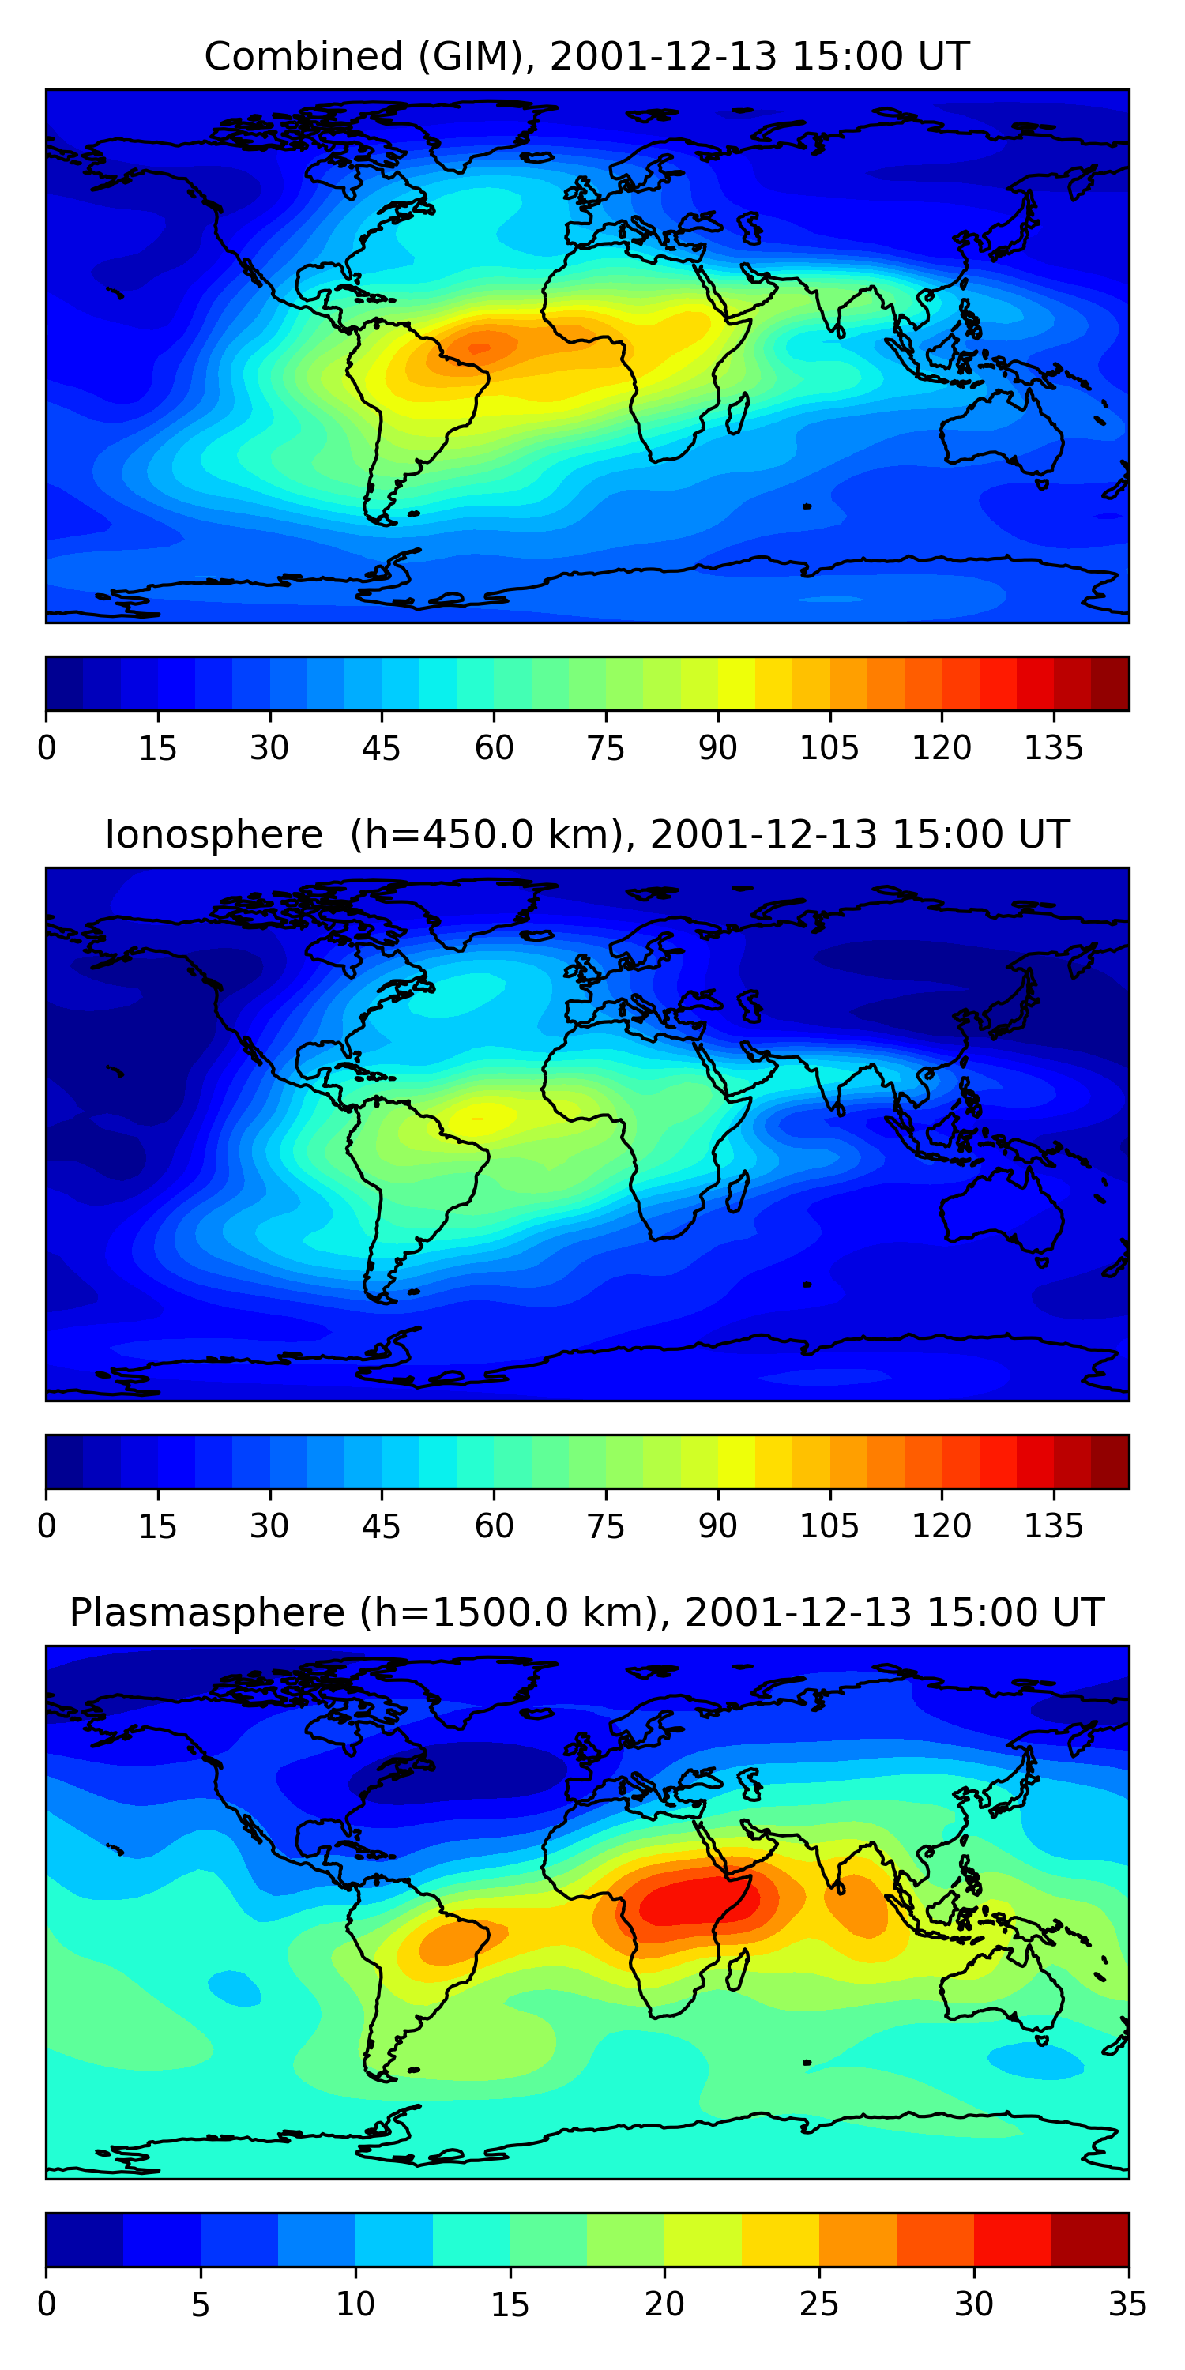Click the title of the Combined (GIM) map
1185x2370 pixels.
coord(587,57)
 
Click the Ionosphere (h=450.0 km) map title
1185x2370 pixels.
coord(587,834)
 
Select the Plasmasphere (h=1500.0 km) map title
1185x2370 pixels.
coord(587,1613)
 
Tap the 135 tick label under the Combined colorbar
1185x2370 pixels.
coord(1053,748)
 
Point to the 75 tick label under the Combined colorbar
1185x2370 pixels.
coord(605,748)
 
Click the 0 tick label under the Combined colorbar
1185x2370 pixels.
coord(47,748)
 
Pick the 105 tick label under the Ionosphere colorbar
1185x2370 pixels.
coord(829,1526)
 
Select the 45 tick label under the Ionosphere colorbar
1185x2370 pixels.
coord(381,1526)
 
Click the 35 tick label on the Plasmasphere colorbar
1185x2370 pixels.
coord(1127,2304)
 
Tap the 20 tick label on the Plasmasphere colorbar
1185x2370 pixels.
coord(664,2304)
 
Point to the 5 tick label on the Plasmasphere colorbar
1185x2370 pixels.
coord(201,2304)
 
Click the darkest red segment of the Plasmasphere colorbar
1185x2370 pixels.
coord(1090,2240)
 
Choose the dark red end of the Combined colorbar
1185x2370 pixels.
coord(1111,683)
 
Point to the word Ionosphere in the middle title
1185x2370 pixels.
coord(213,834)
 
